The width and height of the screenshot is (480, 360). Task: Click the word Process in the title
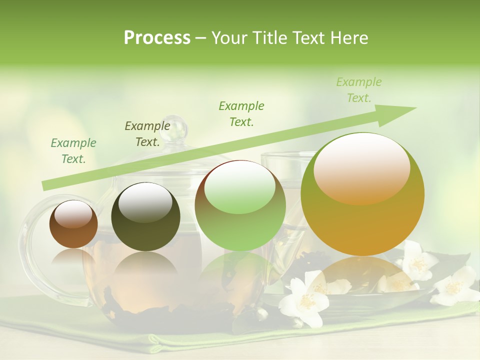tap(157, 38)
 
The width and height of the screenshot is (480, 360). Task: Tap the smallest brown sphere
tap(73, 224)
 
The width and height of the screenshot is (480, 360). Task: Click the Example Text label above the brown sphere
tap(73, 150)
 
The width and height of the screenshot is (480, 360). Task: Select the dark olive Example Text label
tap(147, 133)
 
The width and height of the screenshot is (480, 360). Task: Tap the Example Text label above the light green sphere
tap(241, 113)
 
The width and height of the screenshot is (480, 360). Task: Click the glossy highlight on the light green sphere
tap(239, 187)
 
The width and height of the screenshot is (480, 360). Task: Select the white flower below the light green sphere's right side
tap(302, 300)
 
